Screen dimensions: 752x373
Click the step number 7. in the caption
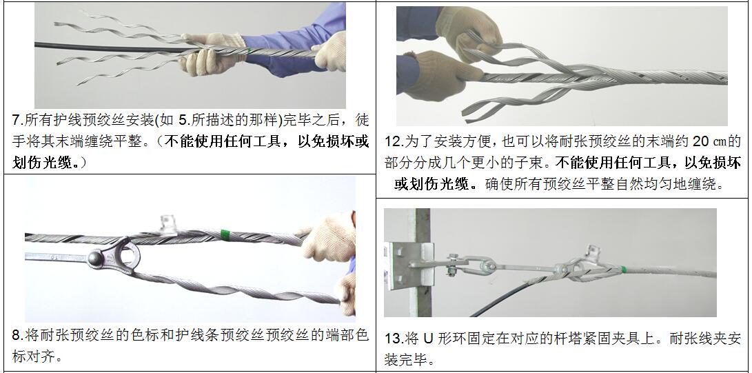point(17,120)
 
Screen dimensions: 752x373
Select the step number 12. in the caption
point(394,141)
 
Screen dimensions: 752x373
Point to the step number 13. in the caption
point(394,339)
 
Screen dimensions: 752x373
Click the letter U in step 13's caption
point(428,339)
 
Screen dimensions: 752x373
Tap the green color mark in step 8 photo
point(225,235)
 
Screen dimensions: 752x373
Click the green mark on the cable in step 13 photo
point(623,270)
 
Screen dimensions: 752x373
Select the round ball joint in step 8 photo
point(95,259)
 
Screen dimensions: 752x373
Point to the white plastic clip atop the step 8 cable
point(168,225)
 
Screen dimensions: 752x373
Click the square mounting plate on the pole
point(407,266)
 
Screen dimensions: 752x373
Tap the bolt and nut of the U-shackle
point(451,265)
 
